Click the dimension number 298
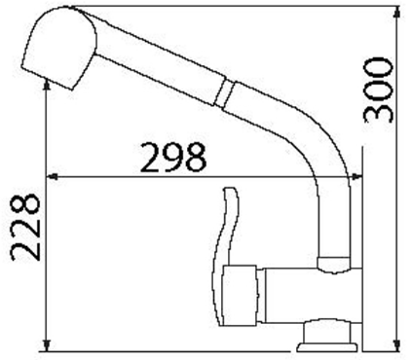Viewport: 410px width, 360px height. pos(173,158)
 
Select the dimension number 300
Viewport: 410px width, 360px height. pos(379,90)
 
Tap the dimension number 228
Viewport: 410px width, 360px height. pos(25,228)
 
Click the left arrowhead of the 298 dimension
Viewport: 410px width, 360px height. pos(52,177)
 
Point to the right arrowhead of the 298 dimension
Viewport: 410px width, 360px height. pos(356,177)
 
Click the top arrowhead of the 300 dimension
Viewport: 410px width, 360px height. pos(396,13)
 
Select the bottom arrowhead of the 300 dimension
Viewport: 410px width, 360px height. pos(396,345)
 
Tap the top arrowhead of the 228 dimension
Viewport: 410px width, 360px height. pos(47,86)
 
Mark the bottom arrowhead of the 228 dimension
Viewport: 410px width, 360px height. pos(47,345)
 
